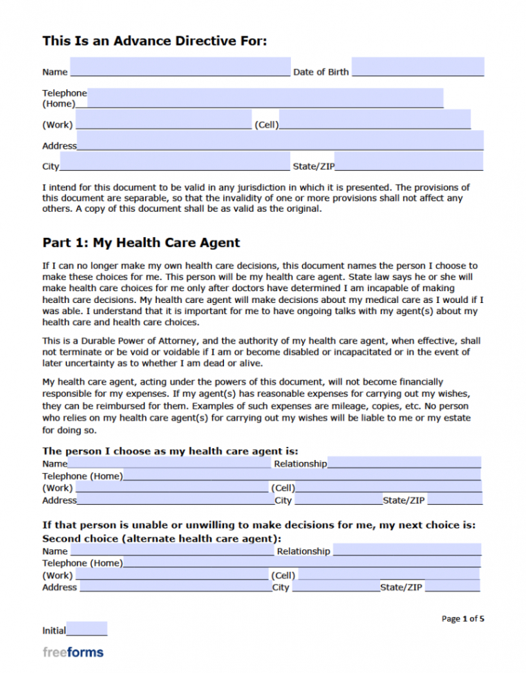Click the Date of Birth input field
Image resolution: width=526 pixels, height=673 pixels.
coord(417,68)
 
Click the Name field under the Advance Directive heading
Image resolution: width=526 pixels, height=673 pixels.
coord(180,68)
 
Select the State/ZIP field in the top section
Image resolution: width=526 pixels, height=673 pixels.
coord(408,162)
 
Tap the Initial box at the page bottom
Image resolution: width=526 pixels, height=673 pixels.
coord(87,629)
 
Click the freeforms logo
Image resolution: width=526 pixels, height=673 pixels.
coord(73,652)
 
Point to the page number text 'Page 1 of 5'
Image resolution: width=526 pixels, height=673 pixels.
coord(462,618)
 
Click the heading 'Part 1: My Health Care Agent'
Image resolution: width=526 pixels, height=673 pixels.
coord(141,243)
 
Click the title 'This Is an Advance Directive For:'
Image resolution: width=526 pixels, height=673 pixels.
coord(154,42)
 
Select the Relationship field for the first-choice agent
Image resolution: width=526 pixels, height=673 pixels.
coord(404,463)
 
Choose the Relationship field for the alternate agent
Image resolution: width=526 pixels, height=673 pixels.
coord(406,550)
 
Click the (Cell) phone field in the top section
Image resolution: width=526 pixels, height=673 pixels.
coord(374,120)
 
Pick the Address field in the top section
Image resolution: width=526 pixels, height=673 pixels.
coord(280,141)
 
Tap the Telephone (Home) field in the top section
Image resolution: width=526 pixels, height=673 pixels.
coord(265,98)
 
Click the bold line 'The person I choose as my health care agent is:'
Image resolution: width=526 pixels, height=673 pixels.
coord(170,451)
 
